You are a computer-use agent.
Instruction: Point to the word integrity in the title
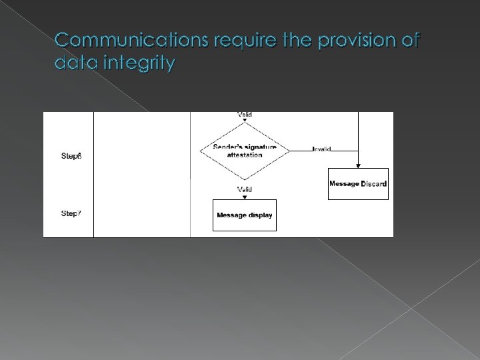[x=139, y=65]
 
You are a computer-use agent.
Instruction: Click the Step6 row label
[x=71, y=156]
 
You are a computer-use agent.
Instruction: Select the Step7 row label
[x=71, y=213]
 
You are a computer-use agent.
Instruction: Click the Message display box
[x=245, y=215]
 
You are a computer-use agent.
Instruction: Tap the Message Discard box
[x=358, y=183]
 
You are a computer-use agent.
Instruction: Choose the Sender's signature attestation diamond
[x=245, y=151]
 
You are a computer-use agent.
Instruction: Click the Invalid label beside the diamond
[x=321, y=149]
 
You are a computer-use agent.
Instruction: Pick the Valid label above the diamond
[x=245, y=115]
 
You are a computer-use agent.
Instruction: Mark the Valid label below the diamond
[x=245, y=189]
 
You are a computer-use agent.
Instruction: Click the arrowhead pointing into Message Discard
[x=359, y=165]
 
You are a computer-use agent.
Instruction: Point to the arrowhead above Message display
[x=245, y=197]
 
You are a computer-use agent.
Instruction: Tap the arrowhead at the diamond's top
[x=245, y=121]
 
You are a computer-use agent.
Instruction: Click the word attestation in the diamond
[x=245, y=155]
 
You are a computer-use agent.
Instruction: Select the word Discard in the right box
[x=373, y=183]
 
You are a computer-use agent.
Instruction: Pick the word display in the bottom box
[x=259, y=215]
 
